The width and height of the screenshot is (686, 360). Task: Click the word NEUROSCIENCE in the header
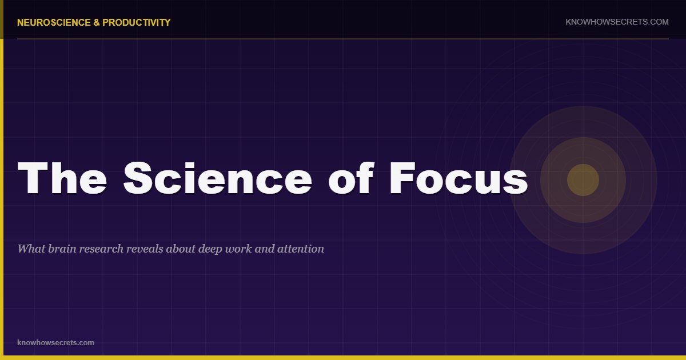(x=54, y=22)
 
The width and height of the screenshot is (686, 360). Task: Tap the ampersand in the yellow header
(x=97, y=22)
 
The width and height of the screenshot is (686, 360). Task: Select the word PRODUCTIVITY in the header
(x=136, y=22)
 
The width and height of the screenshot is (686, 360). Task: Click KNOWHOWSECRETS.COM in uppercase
(x=617, y=22)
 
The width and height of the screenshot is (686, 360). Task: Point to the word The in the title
(x=62, y=178)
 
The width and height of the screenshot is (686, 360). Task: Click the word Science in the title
(x=218, y=178)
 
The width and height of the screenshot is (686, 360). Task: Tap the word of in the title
(x=351, y=178)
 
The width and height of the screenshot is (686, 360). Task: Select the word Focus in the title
(x=458, y=178)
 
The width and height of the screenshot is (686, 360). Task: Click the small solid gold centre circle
(x=583, y=180)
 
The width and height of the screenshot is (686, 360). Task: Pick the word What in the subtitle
(x=31, y=249)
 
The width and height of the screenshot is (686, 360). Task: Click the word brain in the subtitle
(x=62, y=249)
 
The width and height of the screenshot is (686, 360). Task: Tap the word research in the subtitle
(x=101, y=249)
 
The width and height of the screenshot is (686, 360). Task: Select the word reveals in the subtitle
(x=145, y=249)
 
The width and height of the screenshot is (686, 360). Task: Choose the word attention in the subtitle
(x=301, y=249)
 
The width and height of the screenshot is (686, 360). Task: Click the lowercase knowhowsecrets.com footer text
(x=56, y=342)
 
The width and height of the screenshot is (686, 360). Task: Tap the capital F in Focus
(x=401, y=178)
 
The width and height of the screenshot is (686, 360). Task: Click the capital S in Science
(x=138, y=178)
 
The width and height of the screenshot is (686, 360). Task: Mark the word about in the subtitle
(x=181, y=249)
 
